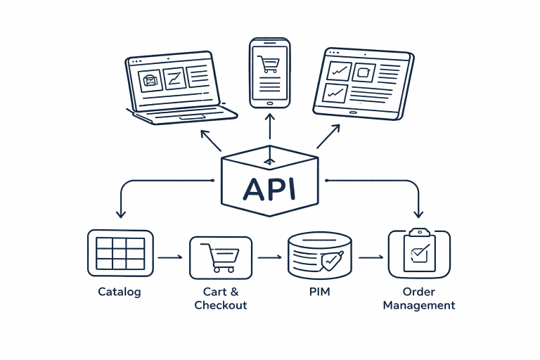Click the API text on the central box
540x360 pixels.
click(270, 188)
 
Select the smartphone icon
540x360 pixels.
click(270, 73)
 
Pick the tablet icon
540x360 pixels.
click(363, 83)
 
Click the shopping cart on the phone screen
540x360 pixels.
click(269, 63)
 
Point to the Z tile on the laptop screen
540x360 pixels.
click(174, 78)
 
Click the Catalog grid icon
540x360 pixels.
click(120, 252)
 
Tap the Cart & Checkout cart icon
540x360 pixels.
click(220, 257)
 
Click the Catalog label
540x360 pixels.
click(120, 292)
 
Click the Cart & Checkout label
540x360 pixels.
click(220, 298)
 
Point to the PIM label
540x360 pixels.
click(319, 292)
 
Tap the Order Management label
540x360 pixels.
click(419, 298)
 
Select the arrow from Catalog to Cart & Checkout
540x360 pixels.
click(170, 258)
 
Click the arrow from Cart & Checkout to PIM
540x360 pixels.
click(270, 258)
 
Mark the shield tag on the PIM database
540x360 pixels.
click(331, 261)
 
